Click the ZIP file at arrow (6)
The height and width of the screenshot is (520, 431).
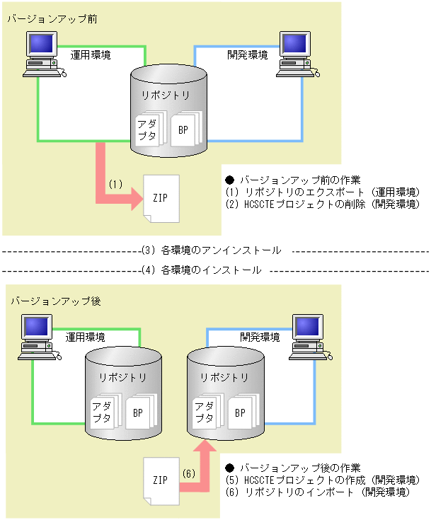click(x=160, y=480)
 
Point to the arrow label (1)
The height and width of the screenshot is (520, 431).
click(x=116, y=183)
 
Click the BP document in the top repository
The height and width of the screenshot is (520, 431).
click(x=185, y=130)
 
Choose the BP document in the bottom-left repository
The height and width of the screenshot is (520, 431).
click(x=139, y=412)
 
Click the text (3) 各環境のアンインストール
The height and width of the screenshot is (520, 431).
click(x=212, y=250)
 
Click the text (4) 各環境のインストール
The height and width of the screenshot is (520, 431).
click(x=202, y=270)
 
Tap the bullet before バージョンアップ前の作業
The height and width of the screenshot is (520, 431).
click(x=229, y=180)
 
